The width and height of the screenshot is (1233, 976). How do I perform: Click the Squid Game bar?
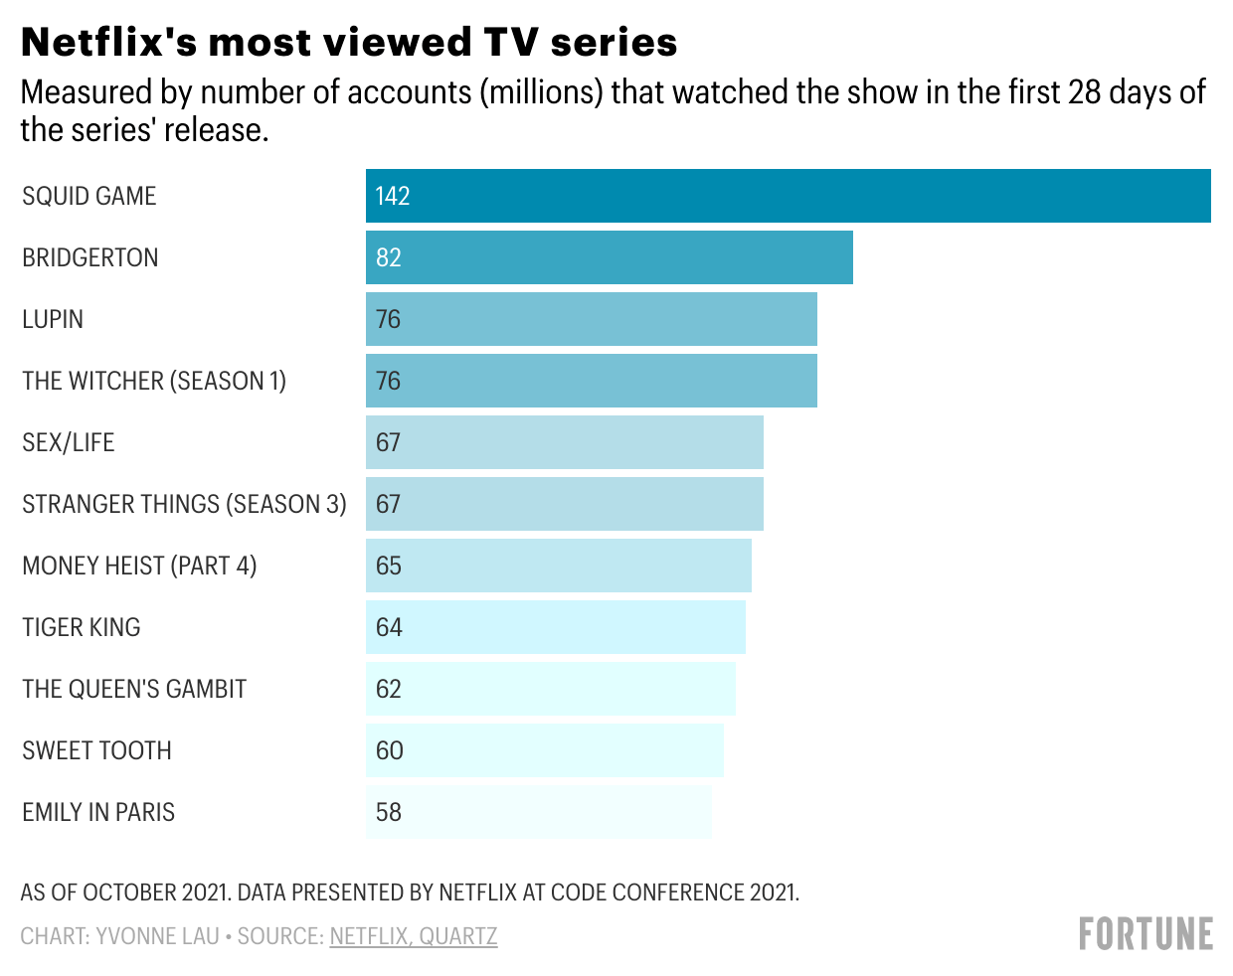788,196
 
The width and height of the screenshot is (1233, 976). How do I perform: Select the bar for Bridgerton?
609,257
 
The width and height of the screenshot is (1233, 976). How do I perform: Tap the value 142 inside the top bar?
393,196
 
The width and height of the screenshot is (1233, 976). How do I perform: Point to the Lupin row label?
53,319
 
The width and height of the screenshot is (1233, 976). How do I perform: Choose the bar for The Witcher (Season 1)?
591,381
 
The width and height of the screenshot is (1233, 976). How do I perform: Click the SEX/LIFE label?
69,442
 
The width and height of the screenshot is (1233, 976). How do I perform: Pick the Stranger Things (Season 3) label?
184,504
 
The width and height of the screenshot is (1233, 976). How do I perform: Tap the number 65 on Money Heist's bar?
389,566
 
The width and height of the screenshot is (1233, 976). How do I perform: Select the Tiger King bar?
555,627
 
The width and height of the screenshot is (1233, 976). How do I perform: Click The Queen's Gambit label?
134,689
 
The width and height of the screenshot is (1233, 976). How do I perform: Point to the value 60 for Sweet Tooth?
389,750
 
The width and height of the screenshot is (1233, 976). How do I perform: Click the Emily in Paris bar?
538,812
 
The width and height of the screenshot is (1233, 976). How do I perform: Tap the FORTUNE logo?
1145,934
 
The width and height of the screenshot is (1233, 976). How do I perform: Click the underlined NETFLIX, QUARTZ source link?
414,936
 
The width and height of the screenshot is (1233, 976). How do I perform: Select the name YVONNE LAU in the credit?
157,936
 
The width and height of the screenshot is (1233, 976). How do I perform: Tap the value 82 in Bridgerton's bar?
389,257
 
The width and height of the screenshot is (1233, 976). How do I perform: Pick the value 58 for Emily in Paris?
389,812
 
